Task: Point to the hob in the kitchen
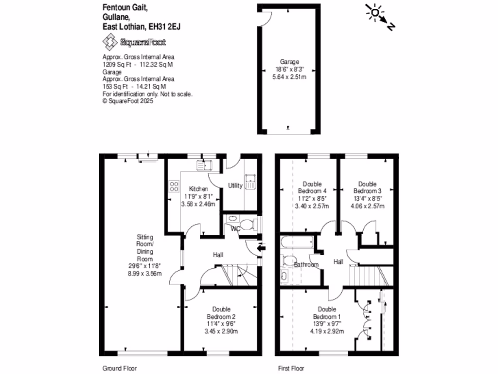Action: click(174, 186)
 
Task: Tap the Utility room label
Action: click(235, 186)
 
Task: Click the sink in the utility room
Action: click(251, 181)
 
